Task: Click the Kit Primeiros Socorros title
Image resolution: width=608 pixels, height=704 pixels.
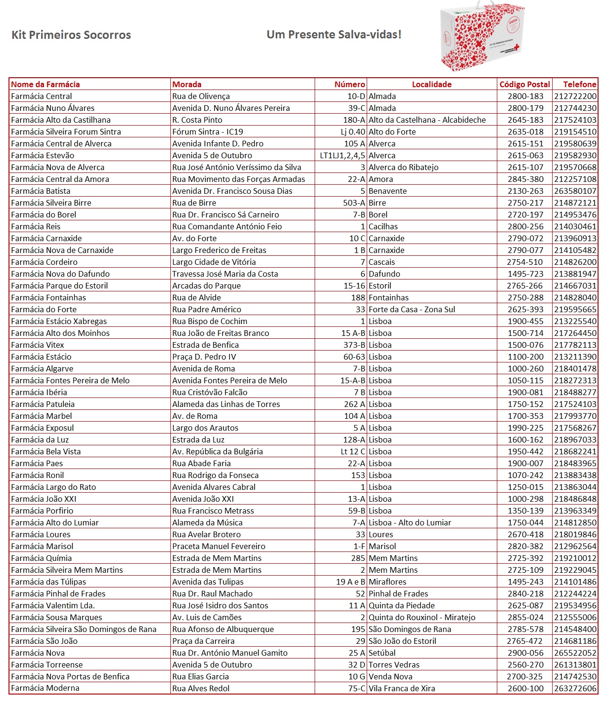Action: [x=71, y=35]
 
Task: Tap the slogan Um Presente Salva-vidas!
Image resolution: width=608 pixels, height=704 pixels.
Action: [x=334, y=35]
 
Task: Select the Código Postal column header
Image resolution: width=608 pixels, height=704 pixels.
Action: [x=525, y=84]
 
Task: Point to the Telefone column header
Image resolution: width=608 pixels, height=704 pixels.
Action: [x=580, y=84]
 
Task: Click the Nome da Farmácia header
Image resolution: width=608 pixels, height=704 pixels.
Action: [x=45, y=84]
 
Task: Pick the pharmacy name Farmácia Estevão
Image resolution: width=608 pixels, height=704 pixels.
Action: [x=43, y=155]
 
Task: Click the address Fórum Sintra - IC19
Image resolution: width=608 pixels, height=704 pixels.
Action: [x=208, y=132]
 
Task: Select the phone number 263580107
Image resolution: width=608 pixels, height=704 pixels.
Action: [x=575, y=191]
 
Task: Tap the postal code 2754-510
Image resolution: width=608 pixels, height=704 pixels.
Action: [x=525, y=262]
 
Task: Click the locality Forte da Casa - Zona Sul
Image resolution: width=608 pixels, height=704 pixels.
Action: [x=412, y=309]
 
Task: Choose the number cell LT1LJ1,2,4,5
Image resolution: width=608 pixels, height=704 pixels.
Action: [x=343, y=155]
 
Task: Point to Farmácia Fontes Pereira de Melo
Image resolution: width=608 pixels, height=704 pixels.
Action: [x=70, y=380]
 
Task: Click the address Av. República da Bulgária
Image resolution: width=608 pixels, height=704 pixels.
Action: [x=218, y=451]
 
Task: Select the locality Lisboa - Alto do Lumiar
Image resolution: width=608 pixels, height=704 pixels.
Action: [x=410, y=523]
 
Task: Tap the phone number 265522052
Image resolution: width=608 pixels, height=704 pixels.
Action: [x=575, y=653]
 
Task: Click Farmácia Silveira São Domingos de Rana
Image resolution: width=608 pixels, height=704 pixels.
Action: [x=84, y=629]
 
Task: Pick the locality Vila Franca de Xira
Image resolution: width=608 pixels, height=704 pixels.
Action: [x=402, y=688]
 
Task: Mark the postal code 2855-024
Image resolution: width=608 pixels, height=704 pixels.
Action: [x=526, y=617]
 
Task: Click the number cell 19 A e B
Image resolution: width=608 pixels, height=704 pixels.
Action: [x=351, y=582]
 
